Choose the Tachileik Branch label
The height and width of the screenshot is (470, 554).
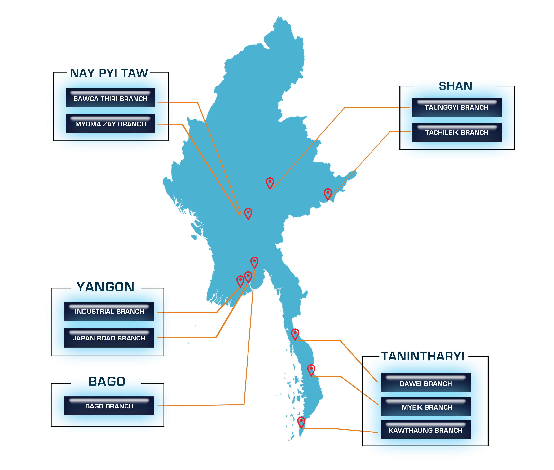(x=457, y=132)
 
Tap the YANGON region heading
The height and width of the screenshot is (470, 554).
(x=105, y=287)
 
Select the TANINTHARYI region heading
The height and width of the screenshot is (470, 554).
(x=423, y=357)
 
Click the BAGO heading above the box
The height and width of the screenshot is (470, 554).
(x=107, y=382)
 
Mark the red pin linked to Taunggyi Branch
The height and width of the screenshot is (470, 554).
(x=270, y=183)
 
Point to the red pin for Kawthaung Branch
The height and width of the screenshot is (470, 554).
(x=301, y=422)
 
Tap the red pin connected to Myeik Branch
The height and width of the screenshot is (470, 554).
(x=311, y=370)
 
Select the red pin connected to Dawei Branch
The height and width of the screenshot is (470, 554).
(x=295, y=334)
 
